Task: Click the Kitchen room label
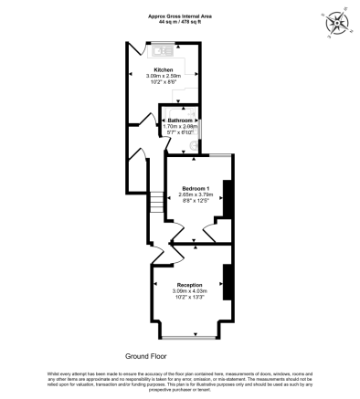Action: [164, 69]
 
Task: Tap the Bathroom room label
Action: [180, 121]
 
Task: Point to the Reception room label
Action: [190, 284]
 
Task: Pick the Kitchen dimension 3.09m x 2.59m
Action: [164, 76]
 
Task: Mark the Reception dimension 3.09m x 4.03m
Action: [190, 290]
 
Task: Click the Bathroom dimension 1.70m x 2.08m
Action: [180, 126]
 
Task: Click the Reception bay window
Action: [193, 333]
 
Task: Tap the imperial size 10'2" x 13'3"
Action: [190, 297]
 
